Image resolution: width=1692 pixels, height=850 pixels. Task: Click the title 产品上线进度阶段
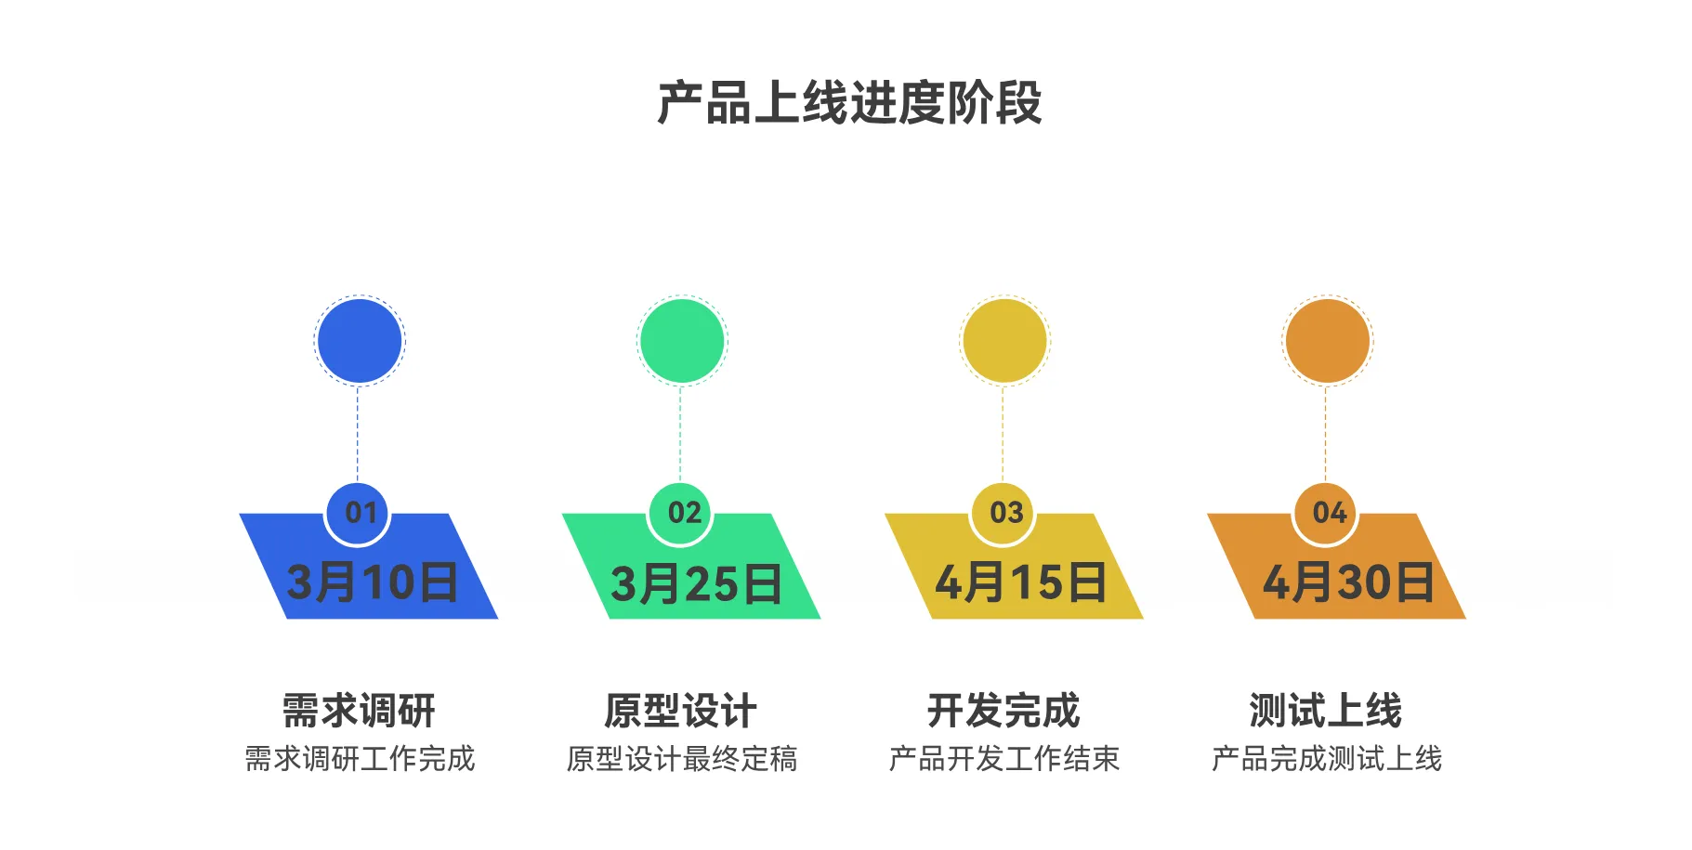click(x=849, y=102)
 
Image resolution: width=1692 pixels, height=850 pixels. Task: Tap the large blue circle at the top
click(x=360, y=341)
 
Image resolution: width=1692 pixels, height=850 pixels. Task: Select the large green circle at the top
click(x=682, y=341)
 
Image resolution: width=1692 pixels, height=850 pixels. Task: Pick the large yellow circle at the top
click(x=1004, y=341)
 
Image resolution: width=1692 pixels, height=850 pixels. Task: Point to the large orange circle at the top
click(x=1327, y=341)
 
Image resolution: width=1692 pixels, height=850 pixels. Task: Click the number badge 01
click(x=359, y=513)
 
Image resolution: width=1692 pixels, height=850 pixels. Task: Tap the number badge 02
click(x=681, y=513)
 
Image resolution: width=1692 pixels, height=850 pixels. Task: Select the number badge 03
click(x=1003, y=513)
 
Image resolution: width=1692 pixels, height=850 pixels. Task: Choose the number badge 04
click(x=1326, y=513)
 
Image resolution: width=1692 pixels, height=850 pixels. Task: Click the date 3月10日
click(x=372, y=582)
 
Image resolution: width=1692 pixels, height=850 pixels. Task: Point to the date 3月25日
click(x=696, y=583)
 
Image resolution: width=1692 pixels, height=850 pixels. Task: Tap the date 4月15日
click(x=1020, y=582)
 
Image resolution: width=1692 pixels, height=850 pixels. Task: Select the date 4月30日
click(x=1347, y=582)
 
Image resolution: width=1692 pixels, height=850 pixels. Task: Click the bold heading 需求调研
click(x=359, y=711)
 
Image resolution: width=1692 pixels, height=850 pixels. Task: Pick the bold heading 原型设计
click(x=681, y=711)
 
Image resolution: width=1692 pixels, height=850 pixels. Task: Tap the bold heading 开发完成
click(x=1003, y=711)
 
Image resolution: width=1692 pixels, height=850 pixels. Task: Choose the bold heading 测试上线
click(x=1326, y=711)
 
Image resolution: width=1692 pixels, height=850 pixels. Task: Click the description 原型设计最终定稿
click(x=682, y=759)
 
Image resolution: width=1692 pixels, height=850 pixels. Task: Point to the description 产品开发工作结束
click(x=1004, y=759)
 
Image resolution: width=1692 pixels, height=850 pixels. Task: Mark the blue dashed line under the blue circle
click(x=358, y=434)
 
